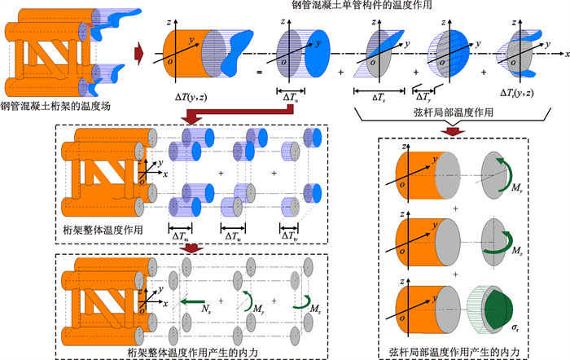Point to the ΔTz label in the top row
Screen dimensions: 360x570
coord(379,96)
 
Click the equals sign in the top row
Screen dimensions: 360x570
coord(261,72)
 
